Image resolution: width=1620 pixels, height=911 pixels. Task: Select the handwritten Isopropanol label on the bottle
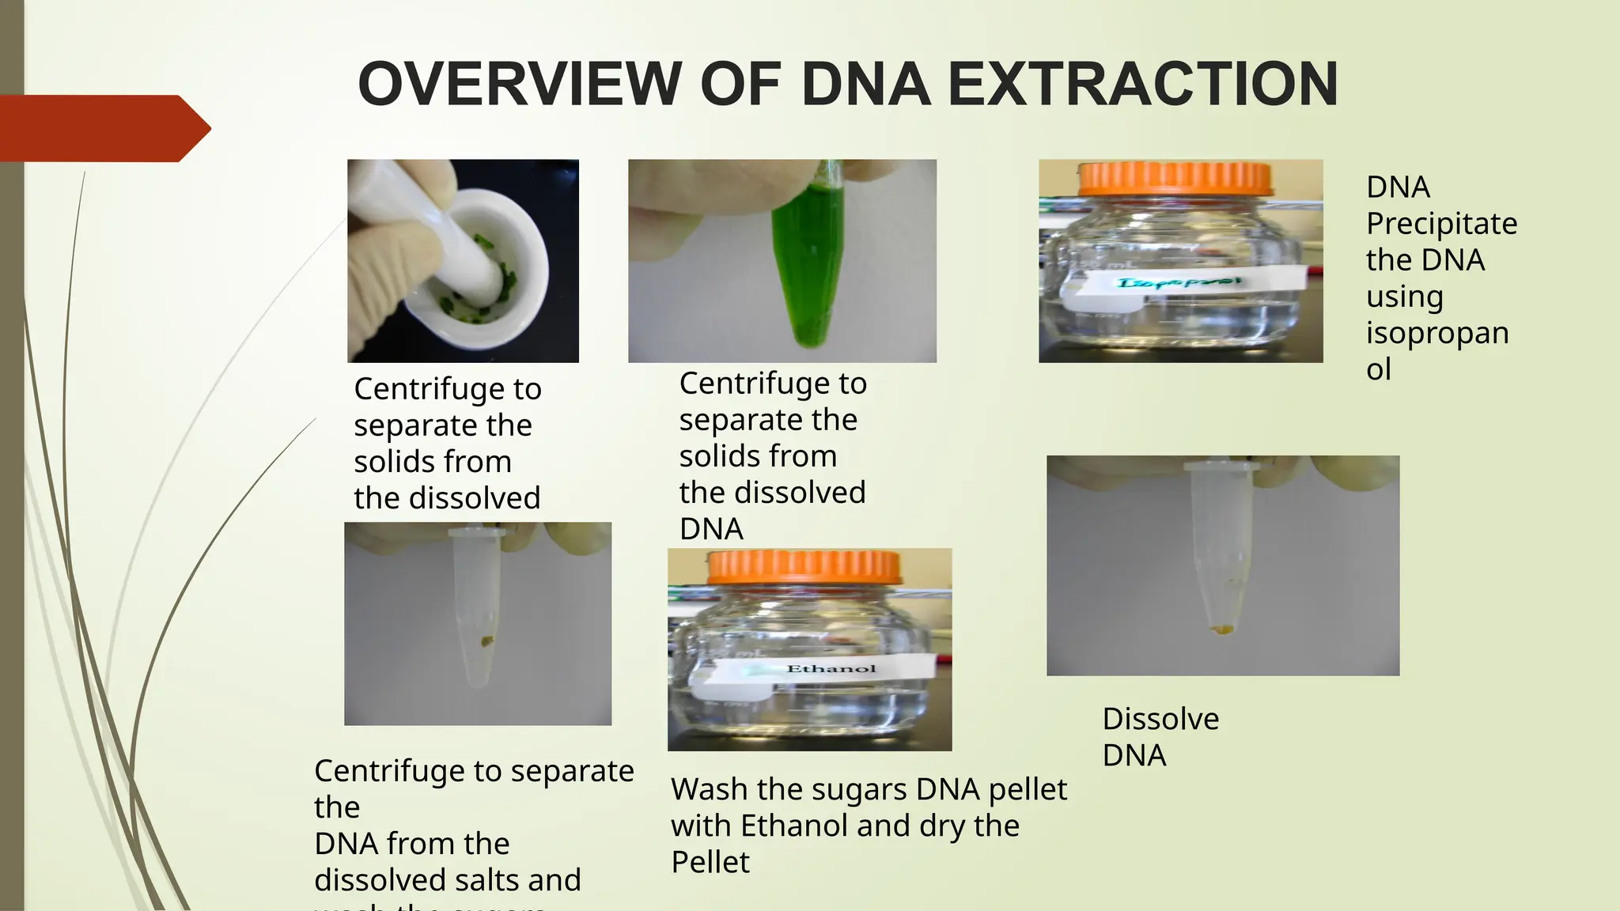click(x=1179, y=282)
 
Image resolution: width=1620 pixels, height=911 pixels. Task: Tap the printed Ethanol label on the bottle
click(x=831, y=669)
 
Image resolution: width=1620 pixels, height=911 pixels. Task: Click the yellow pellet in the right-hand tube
click(x=1223, y=629)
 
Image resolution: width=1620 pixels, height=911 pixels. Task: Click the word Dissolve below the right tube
click(x=1160, y=719)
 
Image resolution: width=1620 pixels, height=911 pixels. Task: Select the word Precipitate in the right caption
click(x=1441, y=224)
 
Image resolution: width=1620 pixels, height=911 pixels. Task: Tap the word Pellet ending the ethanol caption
click(x=710, y=862)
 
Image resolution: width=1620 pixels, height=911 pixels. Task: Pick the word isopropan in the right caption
click(x=1437, y=333)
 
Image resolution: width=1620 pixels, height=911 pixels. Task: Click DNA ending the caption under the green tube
click(x=711, y=529)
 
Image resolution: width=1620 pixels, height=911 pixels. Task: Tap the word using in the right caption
click(x=1404, y=297)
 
